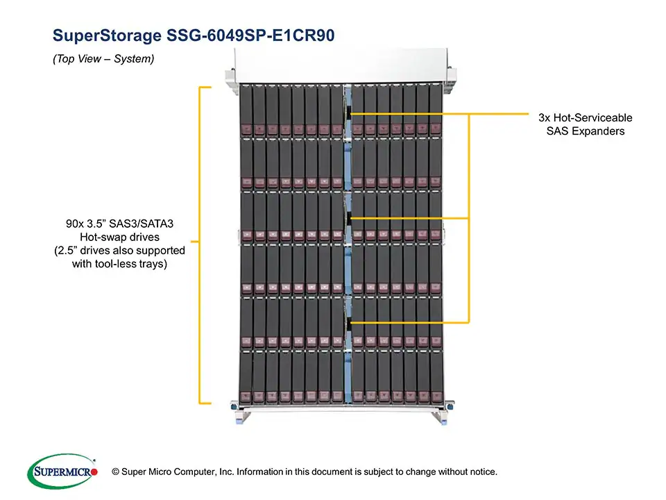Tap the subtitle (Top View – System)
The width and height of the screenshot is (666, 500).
coord(103,60)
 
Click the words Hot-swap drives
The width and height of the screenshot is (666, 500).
coord(119,237)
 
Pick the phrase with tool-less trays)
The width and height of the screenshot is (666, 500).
coord(119,264)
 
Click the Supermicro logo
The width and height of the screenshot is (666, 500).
coord(61,472)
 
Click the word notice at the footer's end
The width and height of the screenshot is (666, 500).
coord(481,472)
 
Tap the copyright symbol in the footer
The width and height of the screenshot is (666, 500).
coord(105,472)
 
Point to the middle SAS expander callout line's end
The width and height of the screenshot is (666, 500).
coord(351,219)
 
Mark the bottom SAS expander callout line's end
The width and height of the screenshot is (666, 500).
coord(351,323)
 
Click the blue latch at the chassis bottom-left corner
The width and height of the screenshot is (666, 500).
coord(236,406)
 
